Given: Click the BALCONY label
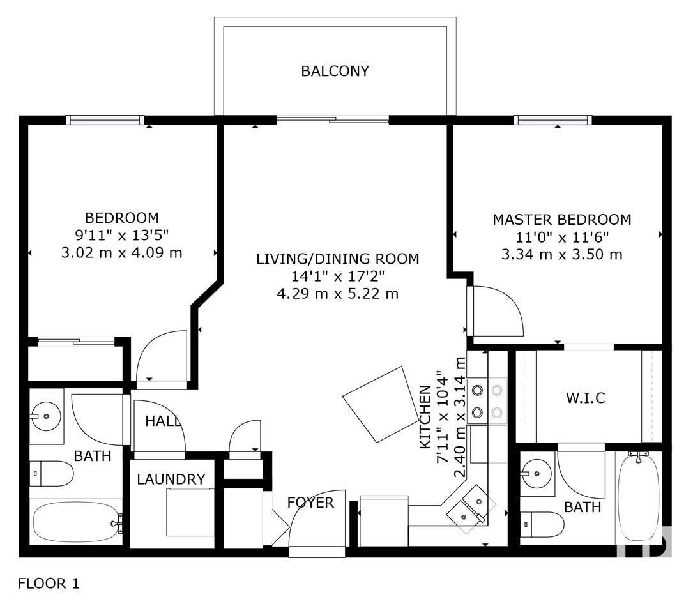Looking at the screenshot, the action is coord(335,71).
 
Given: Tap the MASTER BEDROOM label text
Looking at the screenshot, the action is coord(561,220).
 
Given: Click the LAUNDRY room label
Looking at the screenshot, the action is coord(171,479).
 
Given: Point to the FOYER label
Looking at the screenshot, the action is coord(310,503).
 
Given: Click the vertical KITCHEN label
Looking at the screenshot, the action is coord(425,417).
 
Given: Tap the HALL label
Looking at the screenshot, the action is coord(163,421).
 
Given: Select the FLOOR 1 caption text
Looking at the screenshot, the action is coord(49,584).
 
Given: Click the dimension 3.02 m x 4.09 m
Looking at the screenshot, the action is coord(121,253).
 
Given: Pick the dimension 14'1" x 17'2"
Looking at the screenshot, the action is coord(338,276).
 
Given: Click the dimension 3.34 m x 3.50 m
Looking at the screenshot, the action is coord(561,255).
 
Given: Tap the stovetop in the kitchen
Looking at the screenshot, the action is coord(487,401).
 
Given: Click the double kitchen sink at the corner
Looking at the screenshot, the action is coord(471,509).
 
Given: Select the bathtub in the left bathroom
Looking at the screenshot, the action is coord(77,522).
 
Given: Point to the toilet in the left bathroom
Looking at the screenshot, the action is coord(51,473).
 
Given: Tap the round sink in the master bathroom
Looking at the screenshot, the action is coord(537,473).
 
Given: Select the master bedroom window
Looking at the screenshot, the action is coord(552,120).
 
